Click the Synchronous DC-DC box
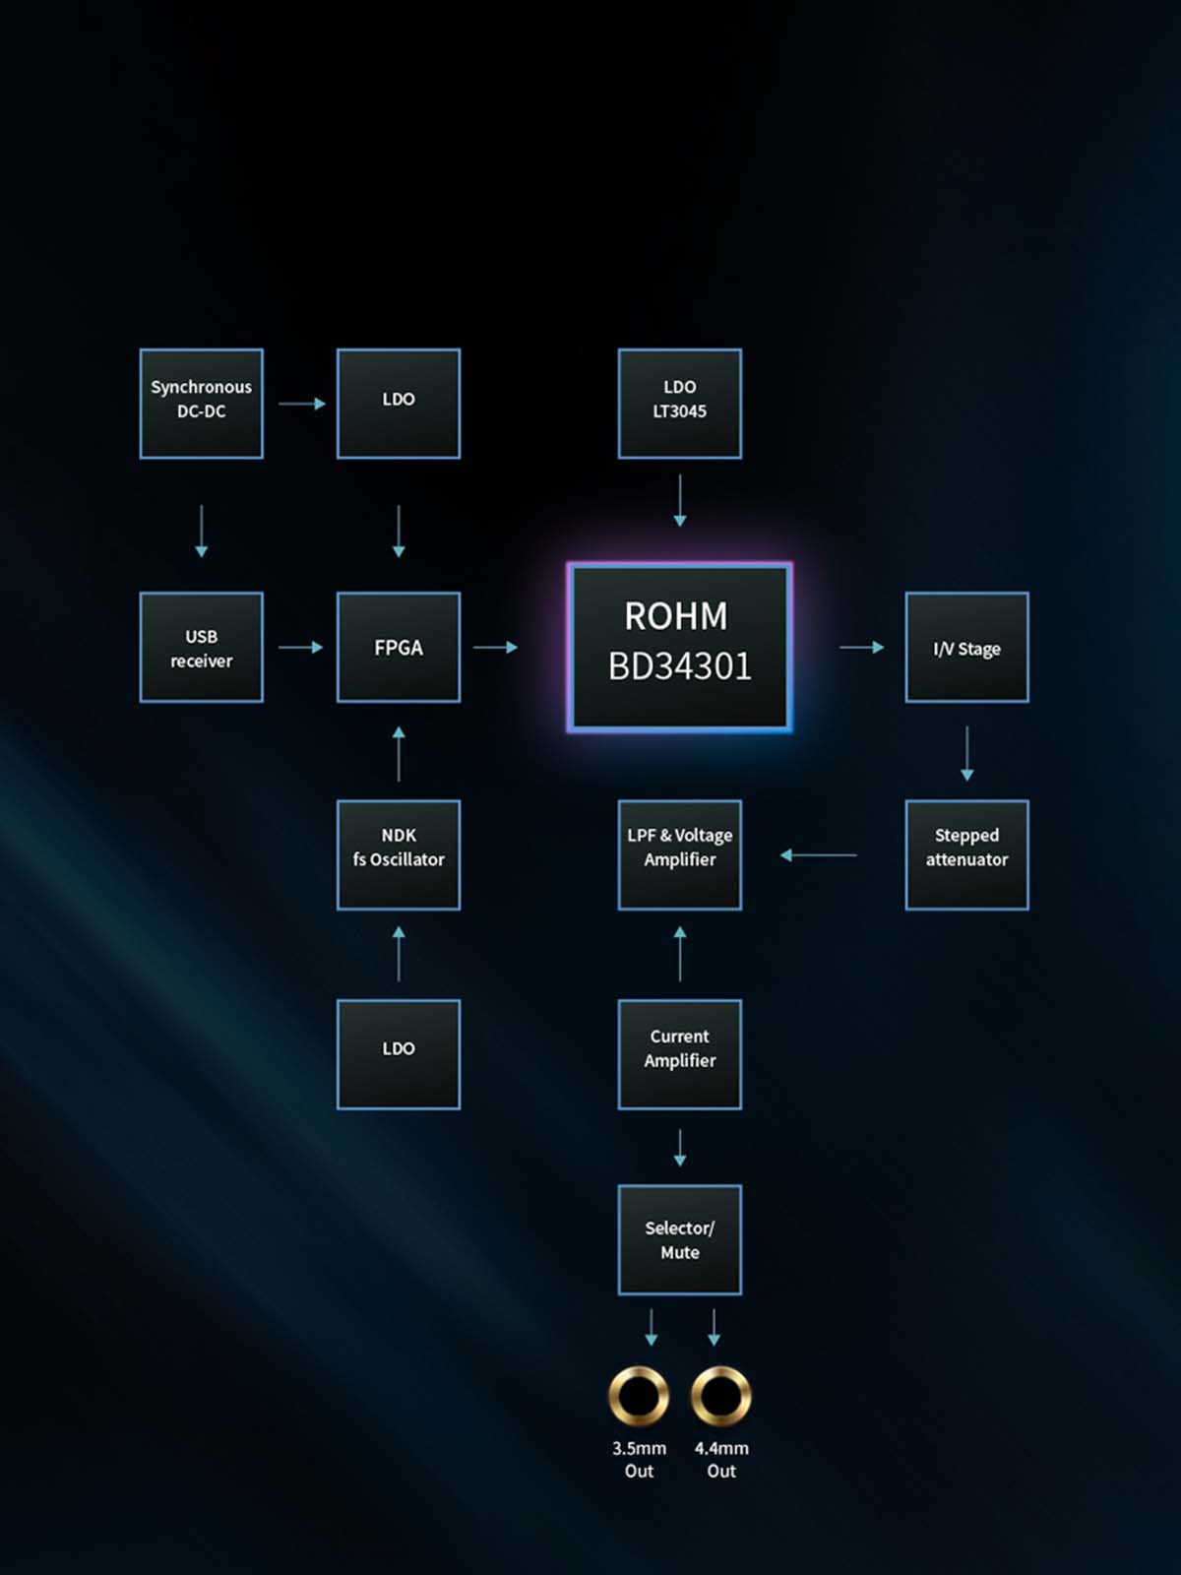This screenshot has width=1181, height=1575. click(201, 404)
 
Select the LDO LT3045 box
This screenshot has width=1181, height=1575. click(679, 404)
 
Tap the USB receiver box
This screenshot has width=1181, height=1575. click(201, 647)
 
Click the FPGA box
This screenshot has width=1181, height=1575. click(398, 647)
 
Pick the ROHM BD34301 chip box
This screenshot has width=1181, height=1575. click(679, 647)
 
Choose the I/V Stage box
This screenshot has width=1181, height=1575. click(966, 647)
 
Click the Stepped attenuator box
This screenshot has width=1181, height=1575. click(966, 854)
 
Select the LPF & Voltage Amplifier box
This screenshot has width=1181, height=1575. click(679, 854)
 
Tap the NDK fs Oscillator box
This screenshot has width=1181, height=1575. click(398, 854)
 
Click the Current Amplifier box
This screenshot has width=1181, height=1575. click(679, 1054)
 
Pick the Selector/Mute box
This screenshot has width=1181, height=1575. click(679, 1239)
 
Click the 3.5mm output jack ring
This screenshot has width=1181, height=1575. click(639, 1396)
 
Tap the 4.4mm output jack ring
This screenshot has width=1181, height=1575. click(721, 1396)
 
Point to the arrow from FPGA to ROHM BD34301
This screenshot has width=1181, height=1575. click(495, 647)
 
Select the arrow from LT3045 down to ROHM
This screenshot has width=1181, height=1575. click(679, 500)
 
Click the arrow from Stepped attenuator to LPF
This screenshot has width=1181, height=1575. click(818, 854)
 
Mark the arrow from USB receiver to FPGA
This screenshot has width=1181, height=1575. click(300, 647)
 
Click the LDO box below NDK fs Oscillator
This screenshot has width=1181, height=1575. click(398, 1054)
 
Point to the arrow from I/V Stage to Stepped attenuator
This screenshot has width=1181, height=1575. click(966, 753)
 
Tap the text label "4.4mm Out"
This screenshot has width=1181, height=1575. click(721, 1459)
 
